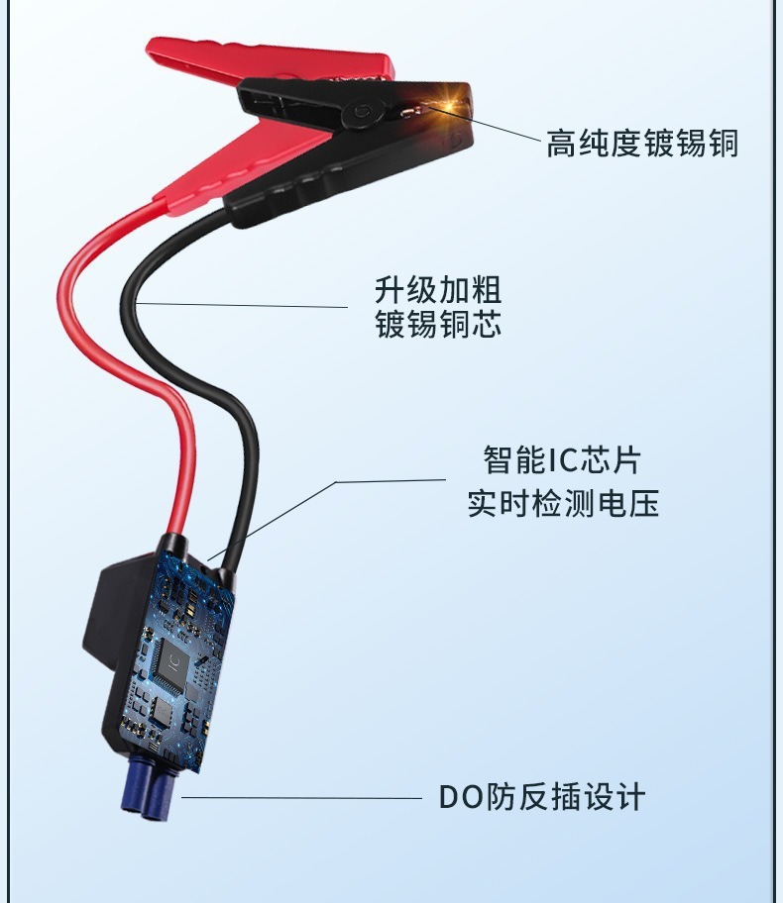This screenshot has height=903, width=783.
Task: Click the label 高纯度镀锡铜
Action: (x=642, y=144)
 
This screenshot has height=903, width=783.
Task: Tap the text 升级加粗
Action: (x=437, y=291)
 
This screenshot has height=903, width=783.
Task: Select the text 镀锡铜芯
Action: (x=437, y=325)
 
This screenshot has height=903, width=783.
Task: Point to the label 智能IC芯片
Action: (x=562, y=459)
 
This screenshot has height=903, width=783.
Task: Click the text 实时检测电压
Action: (x=562, y=503)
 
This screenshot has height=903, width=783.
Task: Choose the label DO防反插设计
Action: (x=541, y=796)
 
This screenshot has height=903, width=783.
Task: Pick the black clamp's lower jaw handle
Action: (x=327, y=183)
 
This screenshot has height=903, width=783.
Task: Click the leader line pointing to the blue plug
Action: (x=297, y=797)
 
